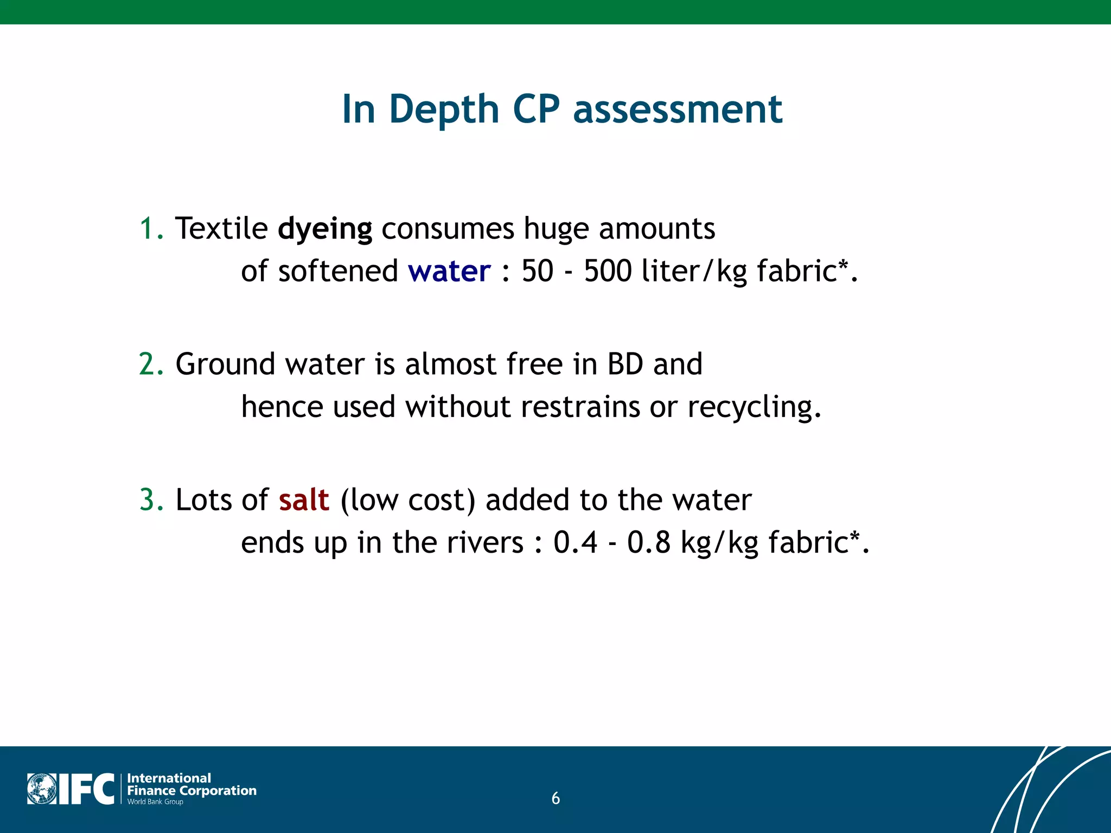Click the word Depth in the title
tap(444, 110)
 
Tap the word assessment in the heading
tap(678, 110)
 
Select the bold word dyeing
tap(324, 229)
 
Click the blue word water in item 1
tap(449, 271)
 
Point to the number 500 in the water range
tap(608, 271)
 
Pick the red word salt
tap(304, 500)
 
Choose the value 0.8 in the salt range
tap(649, 542)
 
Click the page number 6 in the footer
tap(555, 798)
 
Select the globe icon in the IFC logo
tap(42, 789)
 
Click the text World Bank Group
tap(155, 802)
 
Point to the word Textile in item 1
tap(221, 229)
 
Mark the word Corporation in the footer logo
tap(218, 791)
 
